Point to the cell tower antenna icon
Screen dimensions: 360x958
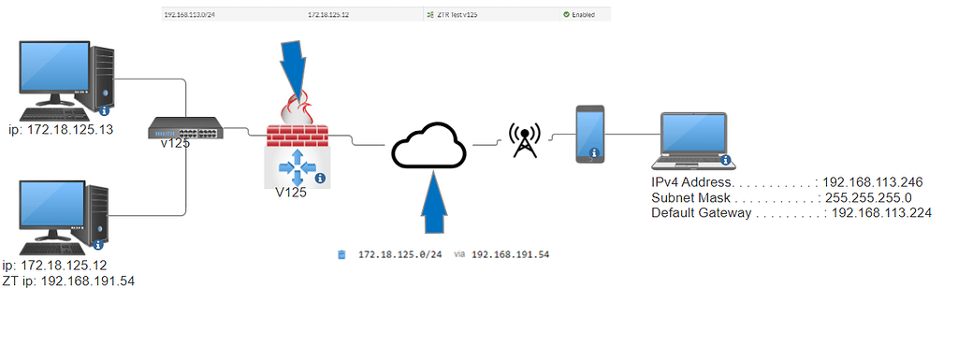524,139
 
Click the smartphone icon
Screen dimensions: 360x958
590,133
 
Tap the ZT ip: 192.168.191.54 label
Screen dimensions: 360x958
69,281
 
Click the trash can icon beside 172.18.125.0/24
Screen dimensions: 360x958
342,254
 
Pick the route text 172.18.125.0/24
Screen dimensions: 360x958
399,254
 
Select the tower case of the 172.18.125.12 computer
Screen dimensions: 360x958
97,218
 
